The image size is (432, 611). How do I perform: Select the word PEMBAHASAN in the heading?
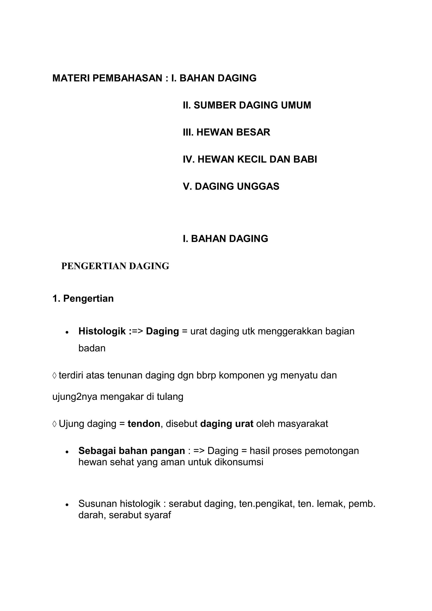(127, 78)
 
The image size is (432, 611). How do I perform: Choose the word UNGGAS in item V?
(258, 186)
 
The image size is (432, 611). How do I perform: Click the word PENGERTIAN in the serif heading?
(94, 266)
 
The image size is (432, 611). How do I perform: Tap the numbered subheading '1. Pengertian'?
(83, 299)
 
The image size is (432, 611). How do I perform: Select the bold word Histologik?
(102, 331)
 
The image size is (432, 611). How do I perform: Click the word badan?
(92, 348)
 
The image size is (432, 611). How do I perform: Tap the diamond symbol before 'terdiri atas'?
(55, 376)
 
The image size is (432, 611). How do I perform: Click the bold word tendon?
(144, 424)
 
